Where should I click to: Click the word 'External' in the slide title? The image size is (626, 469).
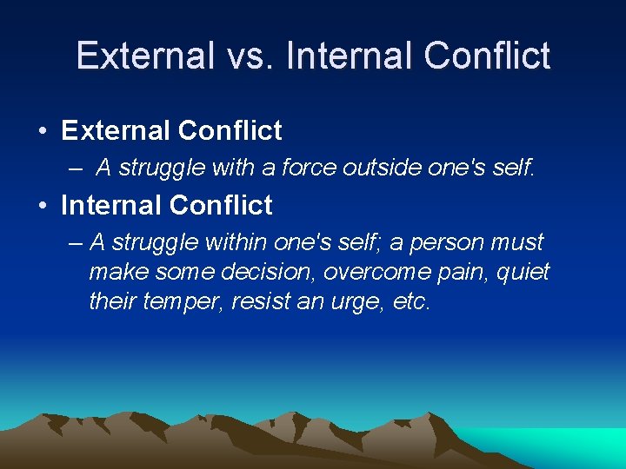(144, 56)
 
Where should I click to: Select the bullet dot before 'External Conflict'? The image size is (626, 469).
(43, 132)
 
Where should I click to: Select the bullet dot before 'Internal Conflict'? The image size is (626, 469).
(43, 207)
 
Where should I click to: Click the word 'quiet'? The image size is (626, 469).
(525, 272)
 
